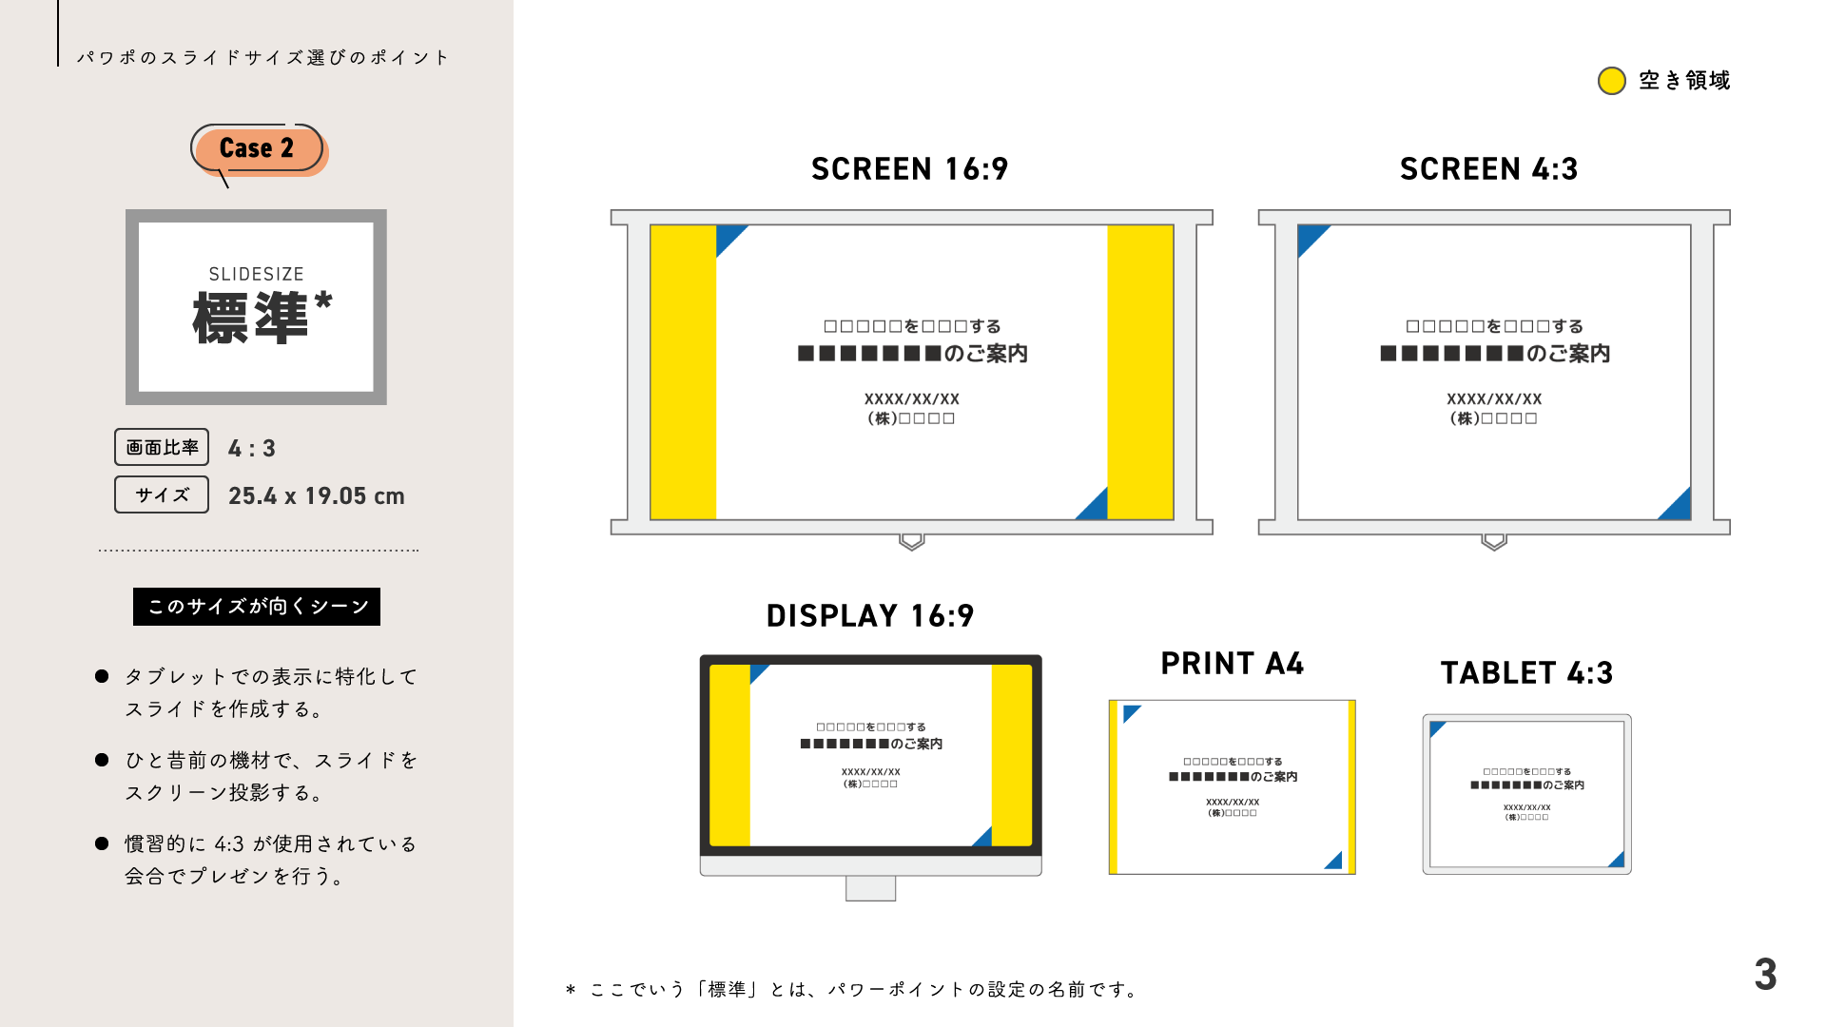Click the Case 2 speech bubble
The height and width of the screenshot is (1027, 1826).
point(258,148)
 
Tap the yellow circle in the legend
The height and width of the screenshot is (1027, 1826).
point(1612,81)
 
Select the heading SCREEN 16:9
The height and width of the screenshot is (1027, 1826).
point(909,169)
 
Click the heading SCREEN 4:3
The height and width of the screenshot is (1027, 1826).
point(1488,169)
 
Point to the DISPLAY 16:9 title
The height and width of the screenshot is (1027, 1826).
point(870,616)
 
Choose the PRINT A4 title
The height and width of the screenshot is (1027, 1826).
point(1232,664)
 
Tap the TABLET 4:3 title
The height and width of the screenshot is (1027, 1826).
point(1526,673)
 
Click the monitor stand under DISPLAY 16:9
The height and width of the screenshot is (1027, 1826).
point(870,888)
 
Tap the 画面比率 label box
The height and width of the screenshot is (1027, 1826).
point(162,447)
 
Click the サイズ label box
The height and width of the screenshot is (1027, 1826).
point(162,494)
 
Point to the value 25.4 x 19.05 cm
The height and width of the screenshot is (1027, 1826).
point(317,496)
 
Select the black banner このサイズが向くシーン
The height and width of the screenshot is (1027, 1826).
point(257,607)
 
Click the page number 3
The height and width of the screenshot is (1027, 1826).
point(1765,975)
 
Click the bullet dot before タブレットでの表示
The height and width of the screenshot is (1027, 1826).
point(102,676)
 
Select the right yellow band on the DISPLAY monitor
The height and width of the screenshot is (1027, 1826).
point(1012,755)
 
